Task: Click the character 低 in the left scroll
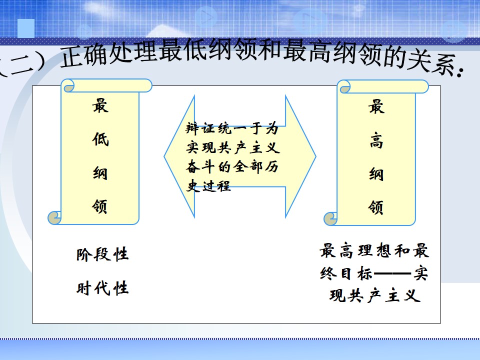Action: click(x=100, y=139)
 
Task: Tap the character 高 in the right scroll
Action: click(x=376, y=140)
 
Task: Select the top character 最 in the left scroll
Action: click(x=100, y=105)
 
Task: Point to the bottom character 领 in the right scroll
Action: click(x=375, y=207)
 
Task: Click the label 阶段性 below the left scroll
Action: click(x=102, y=254)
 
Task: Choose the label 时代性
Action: click(x=102, y=288)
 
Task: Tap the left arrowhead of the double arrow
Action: click(x=179, y=156)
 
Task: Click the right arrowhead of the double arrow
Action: click(x=300, y=156)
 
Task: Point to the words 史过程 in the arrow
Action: click(x=208, y=185)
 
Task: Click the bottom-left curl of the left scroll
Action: click(x=54, y=217)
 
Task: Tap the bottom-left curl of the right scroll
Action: click(x=330, y=218)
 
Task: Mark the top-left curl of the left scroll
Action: click(x=68, y=85)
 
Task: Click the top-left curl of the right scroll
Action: click(x=344, y=86)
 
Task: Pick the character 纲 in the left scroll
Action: click(x=100, y=172)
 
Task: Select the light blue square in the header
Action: click(x=26, y=28)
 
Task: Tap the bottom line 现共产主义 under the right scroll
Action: click(x=374, y=295)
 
